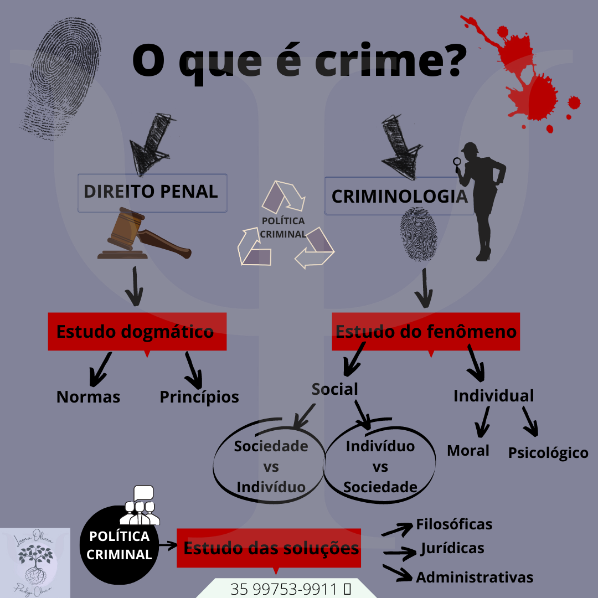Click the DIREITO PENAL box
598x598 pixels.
tap(152, 192)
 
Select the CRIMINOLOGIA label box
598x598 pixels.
tap(399, 197)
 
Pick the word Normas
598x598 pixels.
tap(88, 396)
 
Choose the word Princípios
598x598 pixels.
tap(199, 396)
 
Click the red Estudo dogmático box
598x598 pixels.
tap(137, 332)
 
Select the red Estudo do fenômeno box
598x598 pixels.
tap(425, 332)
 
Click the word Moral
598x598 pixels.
tap(468, 451)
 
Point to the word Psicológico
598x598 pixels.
tap(548, 453)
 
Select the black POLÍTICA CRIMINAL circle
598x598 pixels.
tap(118, 545)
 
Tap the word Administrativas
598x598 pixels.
tap(475, 577)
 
